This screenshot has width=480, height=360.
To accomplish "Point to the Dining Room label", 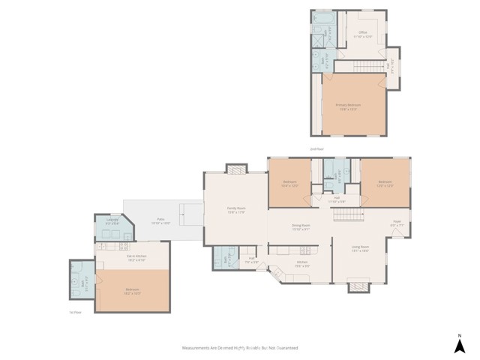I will (301, 227).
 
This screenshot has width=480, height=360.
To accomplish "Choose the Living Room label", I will (360, 247).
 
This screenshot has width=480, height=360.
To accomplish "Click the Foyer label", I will (397, 223).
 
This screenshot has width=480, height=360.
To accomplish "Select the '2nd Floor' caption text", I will (317, 150).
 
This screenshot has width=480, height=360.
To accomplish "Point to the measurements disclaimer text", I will (240, 348).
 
